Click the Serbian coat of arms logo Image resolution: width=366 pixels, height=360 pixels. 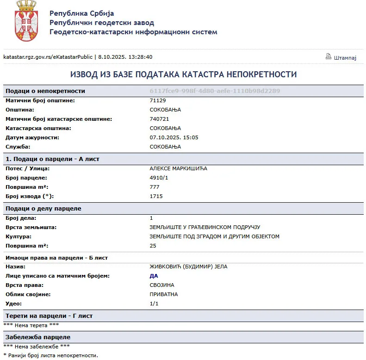[26, 21]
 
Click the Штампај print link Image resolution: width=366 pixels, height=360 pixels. [345, 57]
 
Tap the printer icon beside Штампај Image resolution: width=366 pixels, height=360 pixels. [329, 56]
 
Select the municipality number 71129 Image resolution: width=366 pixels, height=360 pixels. [158, 100]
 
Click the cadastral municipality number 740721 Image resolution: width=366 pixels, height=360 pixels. [160, 119]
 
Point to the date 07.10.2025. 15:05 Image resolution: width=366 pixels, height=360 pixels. [174, 137]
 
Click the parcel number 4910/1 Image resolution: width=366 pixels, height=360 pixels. [159, 178]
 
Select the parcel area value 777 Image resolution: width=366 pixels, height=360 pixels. [155, 187]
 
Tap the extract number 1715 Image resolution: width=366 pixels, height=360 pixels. [156, 196]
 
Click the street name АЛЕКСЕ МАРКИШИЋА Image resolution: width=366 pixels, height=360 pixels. [179, 168]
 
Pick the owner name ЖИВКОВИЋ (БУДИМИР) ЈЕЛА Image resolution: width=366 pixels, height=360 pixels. [188, 267]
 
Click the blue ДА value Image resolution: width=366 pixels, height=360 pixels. [154, 276]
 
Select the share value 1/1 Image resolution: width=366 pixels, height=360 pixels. [154, 304]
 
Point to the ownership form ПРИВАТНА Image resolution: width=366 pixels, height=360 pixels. [164, 294]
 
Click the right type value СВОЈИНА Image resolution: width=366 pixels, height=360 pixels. [162, 285]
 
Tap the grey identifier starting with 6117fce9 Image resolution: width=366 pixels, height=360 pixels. [215, 91]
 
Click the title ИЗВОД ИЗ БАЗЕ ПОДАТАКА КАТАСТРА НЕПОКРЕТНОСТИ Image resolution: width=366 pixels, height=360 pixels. [183, 74]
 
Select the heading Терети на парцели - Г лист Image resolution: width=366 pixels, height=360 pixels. [49, 316]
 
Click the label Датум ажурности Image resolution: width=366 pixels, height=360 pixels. [32, 137]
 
